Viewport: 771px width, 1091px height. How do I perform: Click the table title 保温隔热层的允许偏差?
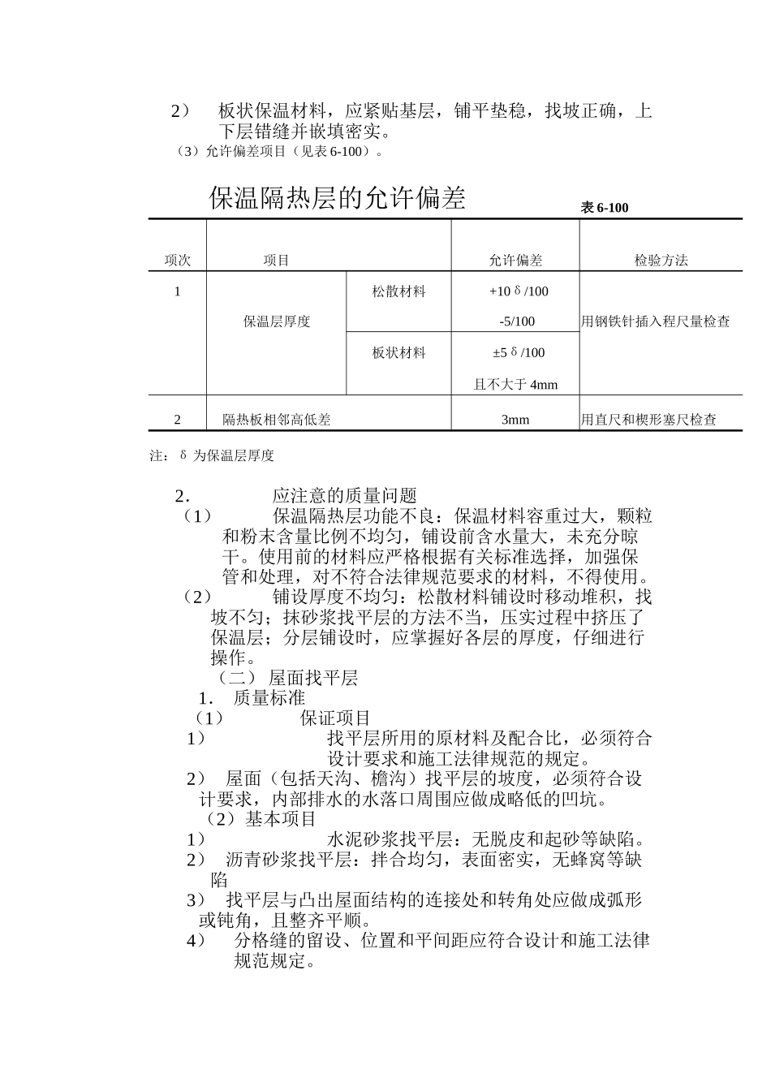tap(337, 198)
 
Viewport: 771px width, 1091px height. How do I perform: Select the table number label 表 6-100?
tap(604, 209)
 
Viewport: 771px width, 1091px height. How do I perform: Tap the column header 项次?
tap(177, 261)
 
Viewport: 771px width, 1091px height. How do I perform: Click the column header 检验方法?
tap(661, 261)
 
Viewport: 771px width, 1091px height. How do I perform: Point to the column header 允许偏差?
tap(515, 261)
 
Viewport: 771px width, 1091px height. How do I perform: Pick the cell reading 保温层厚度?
tap(277, 321)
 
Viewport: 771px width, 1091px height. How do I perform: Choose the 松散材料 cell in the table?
tap(398, 291)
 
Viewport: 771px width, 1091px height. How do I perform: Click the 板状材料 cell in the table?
tap(398, 353)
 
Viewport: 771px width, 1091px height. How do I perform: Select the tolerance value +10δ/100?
tap(518, 291)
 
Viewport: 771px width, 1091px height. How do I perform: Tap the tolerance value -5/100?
tap(517, 321)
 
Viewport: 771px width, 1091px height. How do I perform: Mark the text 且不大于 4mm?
tap(515, 385)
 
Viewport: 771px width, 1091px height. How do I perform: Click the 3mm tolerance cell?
tap(515, 420)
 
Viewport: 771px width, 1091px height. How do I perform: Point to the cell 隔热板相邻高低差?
tap(277, 420)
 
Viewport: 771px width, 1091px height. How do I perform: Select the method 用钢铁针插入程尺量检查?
tap(655, 321)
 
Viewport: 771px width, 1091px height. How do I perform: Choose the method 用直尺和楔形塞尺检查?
tap(648, 420)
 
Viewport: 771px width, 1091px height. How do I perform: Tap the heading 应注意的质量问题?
tap(344, 496)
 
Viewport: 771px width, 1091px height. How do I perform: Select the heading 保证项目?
tap(335, 718)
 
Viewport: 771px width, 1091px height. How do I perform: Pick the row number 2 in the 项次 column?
tap(178, 420)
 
